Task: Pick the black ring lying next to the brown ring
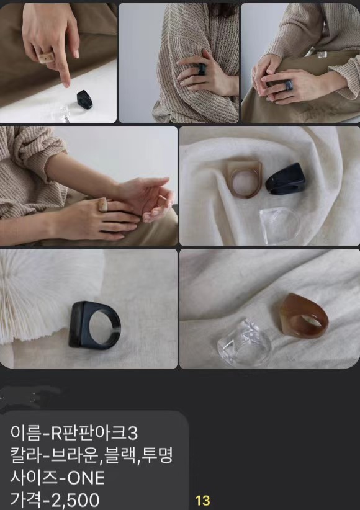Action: coord(285,178)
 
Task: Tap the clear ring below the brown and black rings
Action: coord(280,225)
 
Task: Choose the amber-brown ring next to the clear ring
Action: coord(304,316)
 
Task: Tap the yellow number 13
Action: coord(202,500)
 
